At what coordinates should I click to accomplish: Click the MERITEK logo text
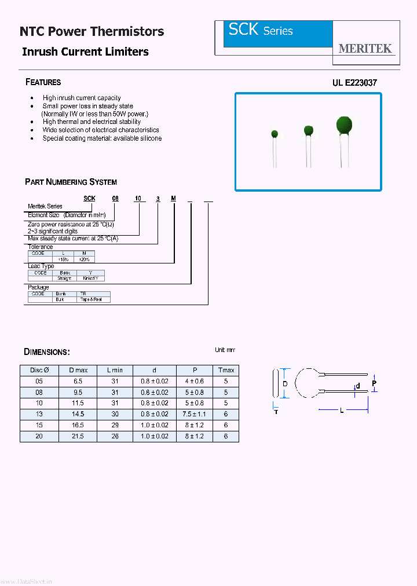(x=365, y=49)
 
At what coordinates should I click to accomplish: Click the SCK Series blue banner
(x=278, y=34)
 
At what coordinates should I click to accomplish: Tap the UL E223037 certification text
(x=354, y=83)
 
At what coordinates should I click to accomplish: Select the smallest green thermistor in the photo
(x=275, y=134)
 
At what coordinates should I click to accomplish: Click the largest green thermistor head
(x=344, y=124)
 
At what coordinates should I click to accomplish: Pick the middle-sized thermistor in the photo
(x=308, y=130)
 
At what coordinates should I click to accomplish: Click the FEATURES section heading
(x=43, y=82)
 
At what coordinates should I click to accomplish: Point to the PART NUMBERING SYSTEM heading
(x=71, y=182)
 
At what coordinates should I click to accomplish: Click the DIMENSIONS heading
(x=47, y=352)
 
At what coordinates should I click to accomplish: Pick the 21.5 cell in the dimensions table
(x=78, y=436)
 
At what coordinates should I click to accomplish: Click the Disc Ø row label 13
(x=39, y=415)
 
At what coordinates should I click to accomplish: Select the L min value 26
(x=115, y=436)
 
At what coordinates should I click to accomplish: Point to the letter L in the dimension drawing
(x=342, y=411)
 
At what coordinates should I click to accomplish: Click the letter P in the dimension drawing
(x=374, y=383)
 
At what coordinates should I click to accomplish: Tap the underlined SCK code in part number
(x=89, y=198)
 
